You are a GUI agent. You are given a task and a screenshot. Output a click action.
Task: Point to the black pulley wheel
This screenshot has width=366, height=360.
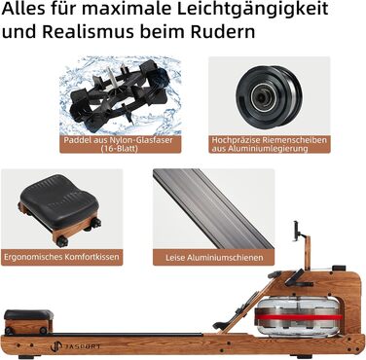pyautogui.click(x=269, y=96)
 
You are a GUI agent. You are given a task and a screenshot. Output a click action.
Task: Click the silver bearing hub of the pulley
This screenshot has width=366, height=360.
pyautogui.click(x=260, y=96)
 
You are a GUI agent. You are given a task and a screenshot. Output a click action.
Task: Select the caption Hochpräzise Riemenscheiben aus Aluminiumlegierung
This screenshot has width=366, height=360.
pyautogui.click(x=269, y=144)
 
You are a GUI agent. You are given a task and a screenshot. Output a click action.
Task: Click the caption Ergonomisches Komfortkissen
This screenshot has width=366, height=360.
pyautogui.click(x=61, y=257)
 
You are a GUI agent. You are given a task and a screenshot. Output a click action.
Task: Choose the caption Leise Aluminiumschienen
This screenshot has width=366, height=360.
pyautogui.click(x=214, y=258)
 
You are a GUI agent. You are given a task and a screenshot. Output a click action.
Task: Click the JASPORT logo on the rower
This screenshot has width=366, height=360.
pyautogui.click(x=75, y=346)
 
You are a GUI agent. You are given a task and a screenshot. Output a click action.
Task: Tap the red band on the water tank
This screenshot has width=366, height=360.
pyautogui.click(x=299, y=316)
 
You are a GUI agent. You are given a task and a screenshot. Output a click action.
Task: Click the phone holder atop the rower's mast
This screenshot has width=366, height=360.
pyautogui.click(x=297, y=231)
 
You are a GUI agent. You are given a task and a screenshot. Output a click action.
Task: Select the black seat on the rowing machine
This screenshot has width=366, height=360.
pyautogui.click(x=28, y=314)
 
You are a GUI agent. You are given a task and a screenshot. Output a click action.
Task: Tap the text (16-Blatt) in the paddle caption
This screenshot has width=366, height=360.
pyautogui.click(x=119, y=149)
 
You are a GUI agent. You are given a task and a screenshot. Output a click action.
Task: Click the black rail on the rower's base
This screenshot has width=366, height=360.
pyautogui.click(x=127, y=335)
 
